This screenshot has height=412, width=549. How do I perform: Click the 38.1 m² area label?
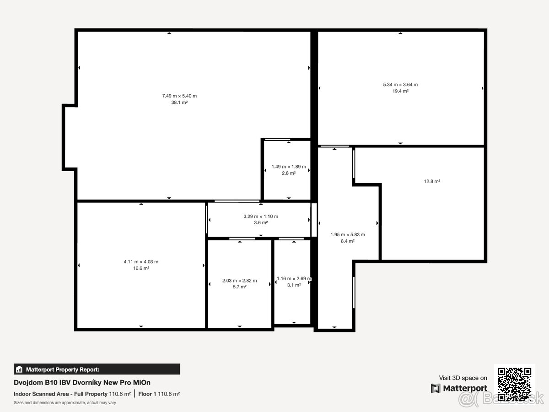pyautogui.click(x=179, y=102)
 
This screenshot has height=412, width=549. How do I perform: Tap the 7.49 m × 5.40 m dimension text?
pyautogui.click(x=179, y=96)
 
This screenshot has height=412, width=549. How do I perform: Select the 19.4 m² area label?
pyautogui.click(x=400, y=91)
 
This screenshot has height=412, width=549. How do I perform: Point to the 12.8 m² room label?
pyautogui.click(x=432, y=181)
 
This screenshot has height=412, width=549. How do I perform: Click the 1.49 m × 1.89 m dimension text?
pyautogui.click(x=289, y=167)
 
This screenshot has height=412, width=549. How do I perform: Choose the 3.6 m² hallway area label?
pyautogui.click(x=261, y=222)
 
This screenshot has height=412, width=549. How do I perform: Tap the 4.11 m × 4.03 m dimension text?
pyautogui.click(x=141, y=262)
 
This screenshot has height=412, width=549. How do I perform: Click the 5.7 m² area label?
pyautogui.click(x=240, y=287)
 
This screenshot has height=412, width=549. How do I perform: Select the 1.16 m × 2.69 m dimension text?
pyautogui.click(x=294, y=278)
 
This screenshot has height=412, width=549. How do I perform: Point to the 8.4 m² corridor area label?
pyautogui.click(x=348, y=241)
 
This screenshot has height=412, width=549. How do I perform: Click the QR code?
pyautogui.click(x=515, y=384)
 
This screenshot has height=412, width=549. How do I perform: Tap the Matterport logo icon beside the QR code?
pyautogui.click(x=436, y=388)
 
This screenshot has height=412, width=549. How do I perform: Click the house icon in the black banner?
pyautogui.click(x=19, y=369)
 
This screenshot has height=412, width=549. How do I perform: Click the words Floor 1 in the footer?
pyautogui.click(x=147, y=394)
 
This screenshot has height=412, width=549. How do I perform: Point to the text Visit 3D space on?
pyautogui.click(x=463, y=378)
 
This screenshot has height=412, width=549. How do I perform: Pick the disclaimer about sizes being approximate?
pyautogui.click(x=65, y=403)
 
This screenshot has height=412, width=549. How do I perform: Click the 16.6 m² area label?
pyautogui.click(x=141, y=268)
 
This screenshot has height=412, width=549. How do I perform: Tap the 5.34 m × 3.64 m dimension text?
pyautogui.click(x=400, y=85)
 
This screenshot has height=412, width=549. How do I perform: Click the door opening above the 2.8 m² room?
pyautogui.click(x=277, y=139)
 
